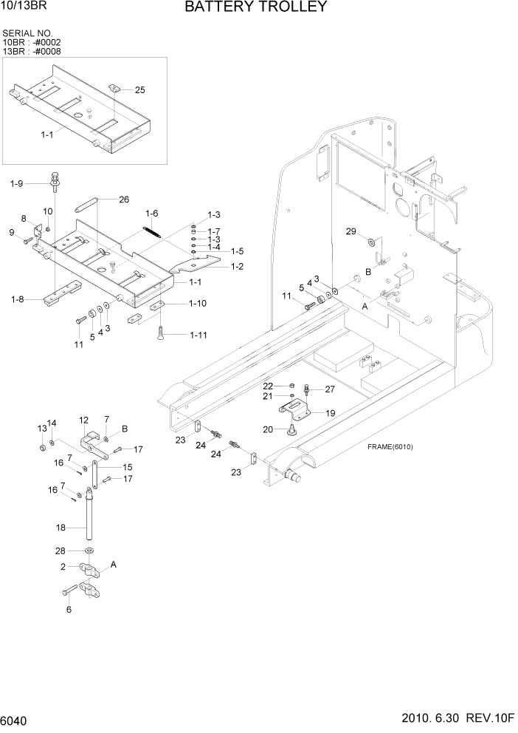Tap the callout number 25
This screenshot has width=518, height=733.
coord(139,89)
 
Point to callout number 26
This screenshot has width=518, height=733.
coord(123,199)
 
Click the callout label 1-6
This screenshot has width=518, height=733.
coord(151,214)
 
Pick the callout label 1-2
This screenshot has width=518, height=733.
coord(238,266)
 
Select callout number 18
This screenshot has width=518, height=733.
coord(61,528)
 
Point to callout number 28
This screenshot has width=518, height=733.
coord(61,551)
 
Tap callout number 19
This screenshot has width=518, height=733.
coord(330,414)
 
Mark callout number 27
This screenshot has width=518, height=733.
coord(329,389)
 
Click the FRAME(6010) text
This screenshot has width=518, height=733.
coord(390,447)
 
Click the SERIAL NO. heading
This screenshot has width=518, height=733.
coord(28,34)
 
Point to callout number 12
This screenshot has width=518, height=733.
coord(83,420)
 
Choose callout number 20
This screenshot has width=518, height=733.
coord(269,429)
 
